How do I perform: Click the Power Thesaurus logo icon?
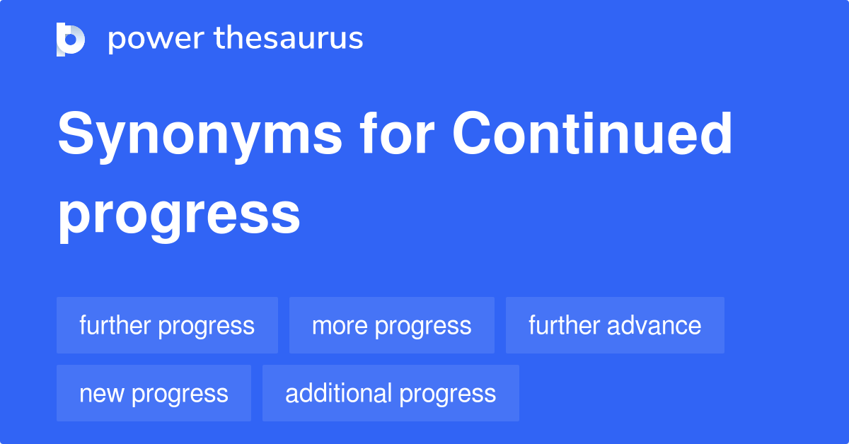(x=71, y=39)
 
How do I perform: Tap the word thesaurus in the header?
(x=289, y=39)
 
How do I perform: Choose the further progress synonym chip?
(x=167, y=325)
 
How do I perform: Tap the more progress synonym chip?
(x=391, y=325)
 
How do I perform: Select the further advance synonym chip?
(x=615, y=325)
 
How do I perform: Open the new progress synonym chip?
(x=154, y=393)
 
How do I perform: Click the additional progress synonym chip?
(x=391, y=393)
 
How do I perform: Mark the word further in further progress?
(x=115, y=325)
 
